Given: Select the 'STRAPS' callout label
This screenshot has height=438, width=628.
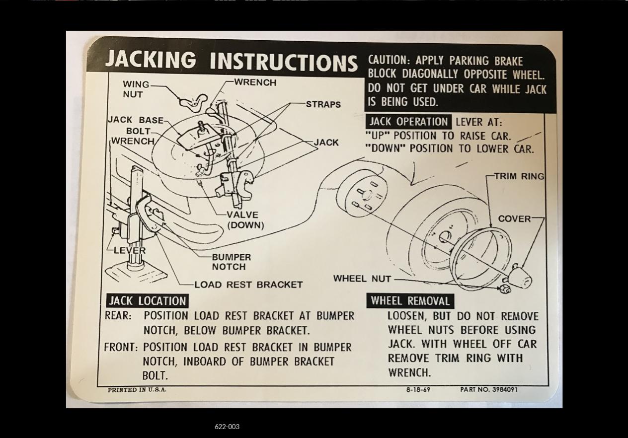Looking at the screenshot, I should click(323, 104).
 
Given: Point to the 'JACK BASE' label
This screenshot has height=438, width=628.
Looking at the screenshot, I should click(135, 120).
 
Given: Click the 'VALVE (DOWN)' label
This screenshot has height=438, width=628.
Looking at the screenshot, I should click(243, 219).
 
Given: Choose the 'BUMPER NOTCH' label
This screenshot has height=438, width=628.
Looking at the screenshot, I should click(231, 262).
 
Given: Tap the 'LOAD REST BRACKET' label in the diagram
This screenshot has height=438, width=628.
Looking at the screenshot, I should click(248, 285).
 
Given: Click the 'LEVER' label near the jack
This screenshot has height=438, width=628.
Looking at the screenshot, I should click(130, 250).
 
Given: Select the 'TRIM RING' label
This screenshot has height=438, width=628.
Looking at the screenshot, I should click(519, 176).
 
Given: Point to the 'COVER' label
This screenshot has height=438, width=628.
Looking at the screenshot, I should click(514, 219).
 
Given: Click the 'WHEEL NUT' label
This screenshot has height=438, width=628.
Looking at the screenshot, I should click(362, 279).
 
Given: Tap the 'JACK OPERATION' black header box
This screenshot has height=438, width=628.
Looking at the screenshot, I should click(408, 122).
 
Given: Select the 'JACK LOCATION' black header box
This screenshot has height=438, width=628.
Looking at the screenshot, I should click(147, 301).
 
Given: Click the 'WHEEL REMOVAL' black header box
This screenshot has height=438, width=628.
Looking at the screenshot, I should click(410, 301).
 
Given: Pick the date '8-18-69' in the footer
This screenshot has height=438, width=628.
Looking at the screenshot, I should click(418, 390).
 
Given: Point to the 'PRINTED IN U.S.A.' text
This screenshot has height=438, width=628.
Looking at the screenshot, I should click(137, 390).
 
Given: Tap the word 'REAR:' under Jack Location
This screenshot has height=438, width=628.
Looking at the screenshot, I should click(118, 316).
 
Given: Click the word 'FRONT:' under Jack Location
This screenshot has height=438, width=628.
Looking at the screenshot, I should click(120, 347).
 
